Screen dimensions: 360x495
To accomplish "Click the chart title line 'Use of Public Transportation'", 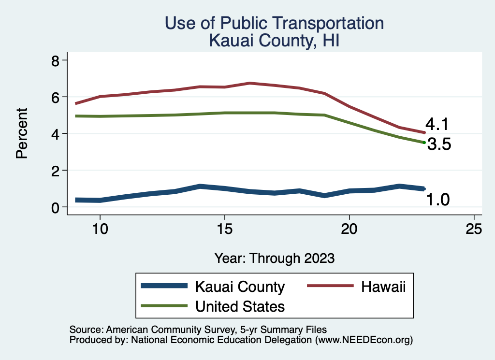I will click(274, 23).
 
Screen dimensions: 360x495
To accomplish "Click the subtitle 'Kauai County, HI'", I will click(274, 40).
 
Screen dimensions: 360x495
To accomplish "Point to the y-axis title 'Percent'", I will click(21, 133).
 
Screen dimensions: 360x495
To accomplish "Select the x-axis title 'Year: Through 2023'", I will click(274, 258).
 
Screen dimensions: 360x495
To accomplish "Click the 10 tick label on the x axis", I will click(100, 229).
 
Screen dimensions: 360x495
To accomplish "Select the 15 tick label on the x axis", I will click(224, 229).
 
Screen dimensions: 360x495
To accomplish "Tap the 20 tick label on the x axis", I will click(349, 229).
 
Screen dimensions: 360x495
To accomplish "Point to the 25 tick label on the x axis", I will click(474, 229).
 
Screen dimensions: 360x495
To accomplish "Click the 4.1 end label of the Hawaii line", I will click(437, 125).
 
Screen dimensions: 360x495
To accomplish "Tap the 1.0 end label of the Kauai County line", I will click(438, 199).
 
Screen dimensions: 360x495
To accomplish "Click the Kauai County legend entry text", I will click(240, 287).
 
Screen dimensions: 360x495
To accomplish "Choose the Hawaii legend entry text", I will click(383, 287).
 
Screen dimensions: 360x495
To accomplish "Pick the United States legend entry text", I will click(240, 306).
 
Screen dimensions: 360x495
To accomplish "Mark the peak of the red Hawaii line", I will click(249, 83).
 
